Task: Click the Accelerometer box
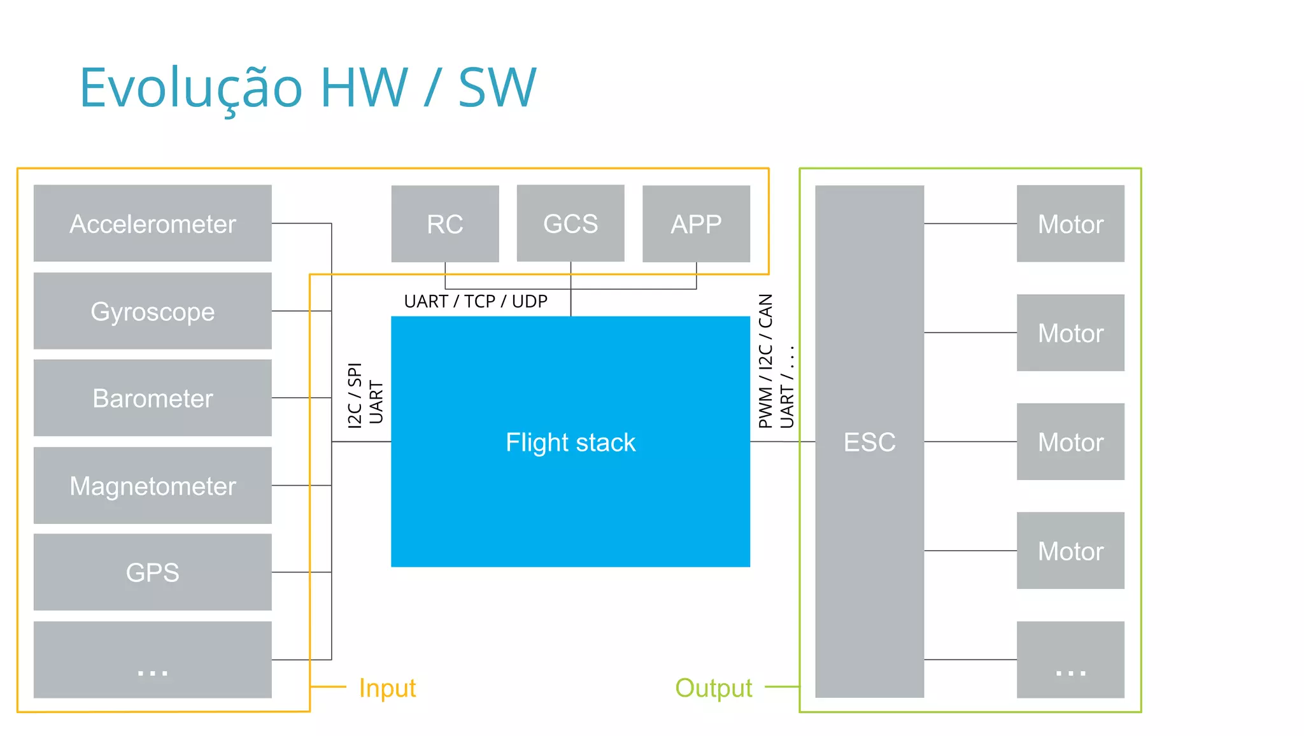coord(152,223)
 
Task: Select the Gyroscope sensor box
coord(152,311)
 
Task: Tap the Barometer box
coord(152,398)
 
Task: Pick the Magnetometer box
coord(152,486)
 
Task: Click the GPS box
coord(152,572)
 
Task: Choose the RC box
coord(444,223)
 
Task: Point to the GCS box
coord(570,223)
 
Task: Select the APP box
coord(696,223)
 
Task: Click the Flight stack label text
coord(570,442)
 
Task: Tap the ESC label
coord(869,442)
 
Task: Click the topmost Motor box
coord(1070,223)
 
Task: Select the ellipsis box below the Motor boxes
coord(1070,660)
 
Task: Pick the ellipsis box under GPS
coord(152,660)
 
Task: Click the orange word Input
coord(387,688)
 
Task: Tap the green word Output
coord(713,688)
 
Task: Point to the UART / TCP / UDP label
coord(476,301)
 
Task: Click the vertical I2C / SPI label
coord(355,395)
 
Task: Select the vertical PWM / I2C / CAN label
coord(766,360)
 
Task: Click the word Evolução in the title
coord(190,88)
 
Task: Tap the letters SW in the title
coord(497,88)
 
